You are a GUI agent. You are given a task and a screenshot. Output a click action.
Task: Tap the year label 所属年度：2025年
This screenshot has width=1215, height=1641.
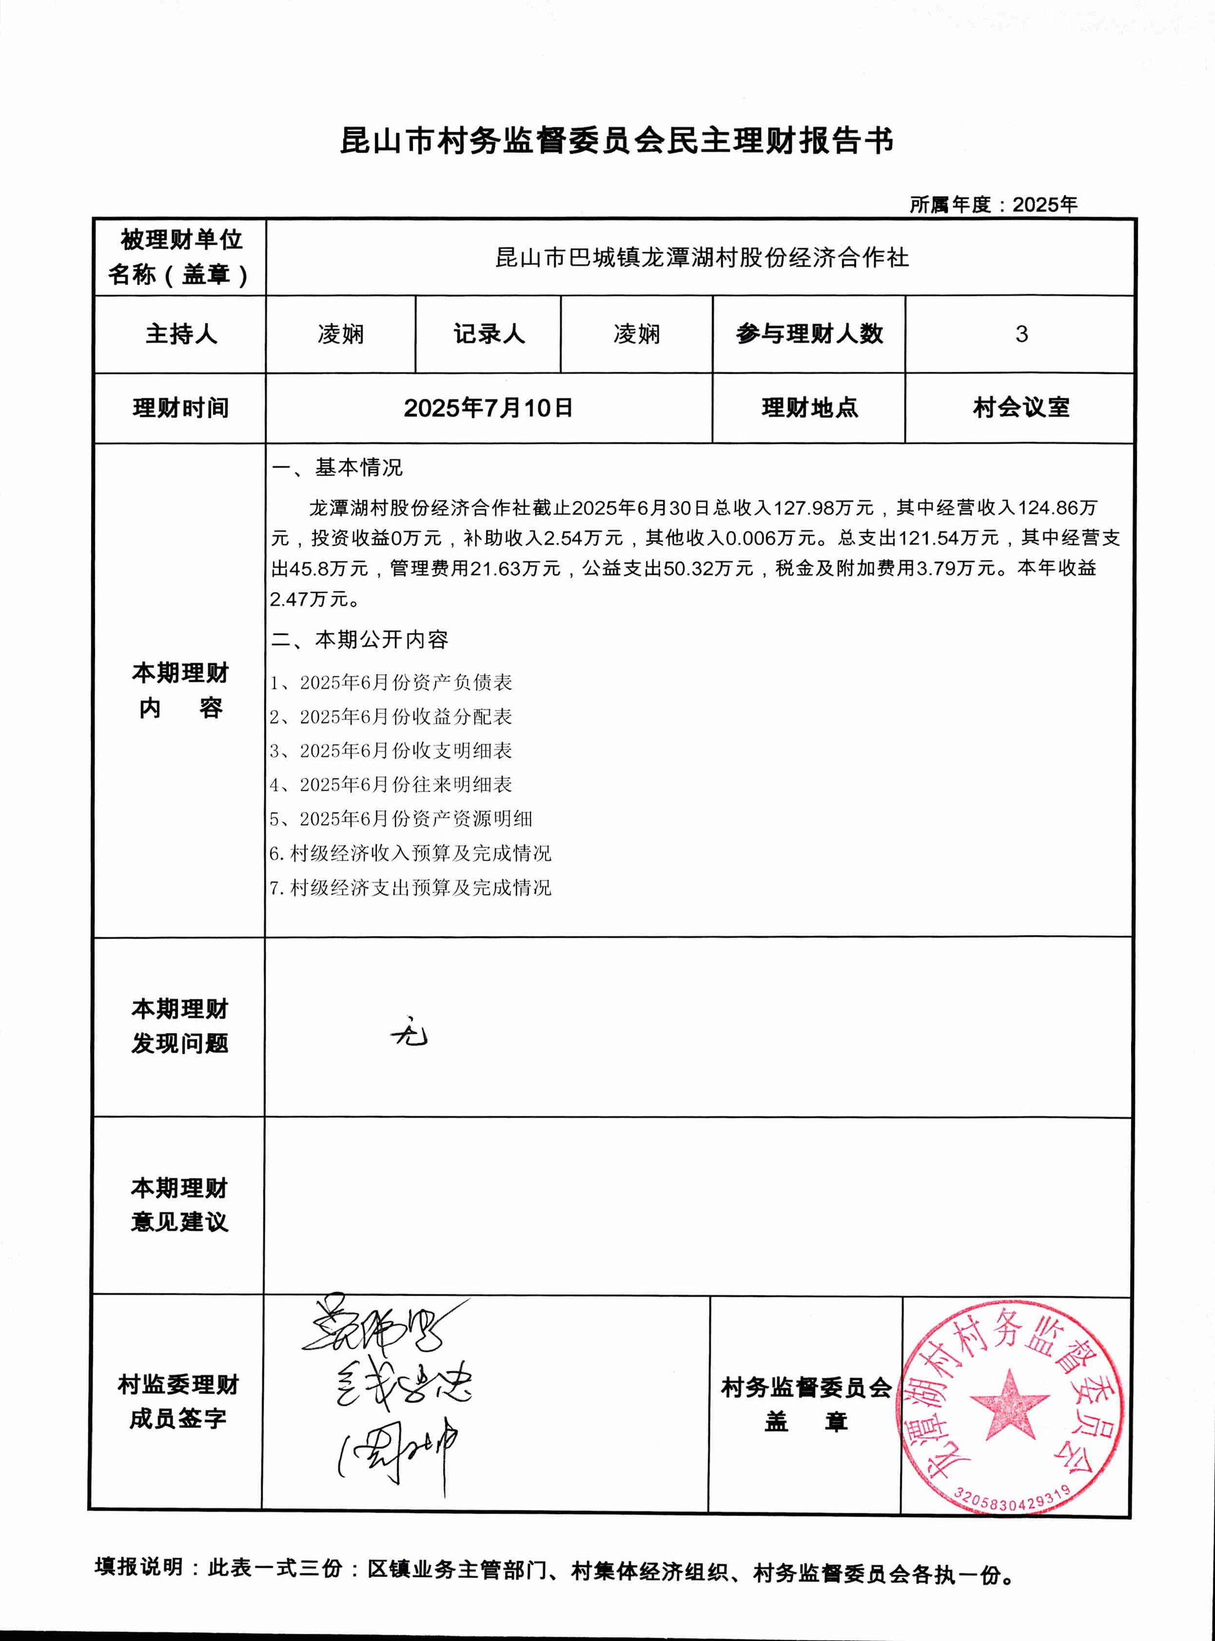(993, 204)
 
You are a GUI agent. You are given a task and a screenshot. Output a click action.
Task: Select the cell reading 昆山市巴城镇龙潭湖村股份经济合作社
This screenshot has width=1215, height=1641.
(701, 258)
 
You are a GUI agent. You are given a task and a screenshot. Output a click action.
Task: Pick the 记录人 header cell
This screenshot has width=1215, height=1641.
(489, 334)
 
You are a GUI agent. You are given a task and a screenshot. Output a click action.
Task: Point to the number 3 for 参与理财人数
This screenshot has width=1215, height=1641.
(1021, 334)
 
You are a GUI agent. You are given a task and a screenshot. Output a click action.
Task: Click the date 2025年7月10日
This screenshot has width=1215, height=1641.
(488, 407)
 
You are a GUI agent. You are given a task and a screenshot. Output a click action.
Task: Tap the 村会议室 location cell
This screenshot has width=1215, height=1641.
(1021, 407)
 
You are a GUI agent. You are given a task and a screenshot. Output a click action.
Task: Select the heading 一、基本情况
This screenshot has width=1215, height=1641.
(337, 468)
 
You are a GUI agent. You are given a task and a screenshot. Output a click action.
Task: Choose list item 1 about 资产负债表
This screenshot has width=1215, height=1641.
(390, 682)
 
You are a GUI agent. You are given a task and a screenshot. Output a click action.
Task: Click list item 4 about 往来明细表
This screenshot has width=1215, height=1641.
(390, 785)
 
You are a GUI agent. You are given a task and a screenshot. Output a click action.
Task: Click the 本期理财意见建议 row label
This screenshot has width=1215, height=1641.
(180, 1205)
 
